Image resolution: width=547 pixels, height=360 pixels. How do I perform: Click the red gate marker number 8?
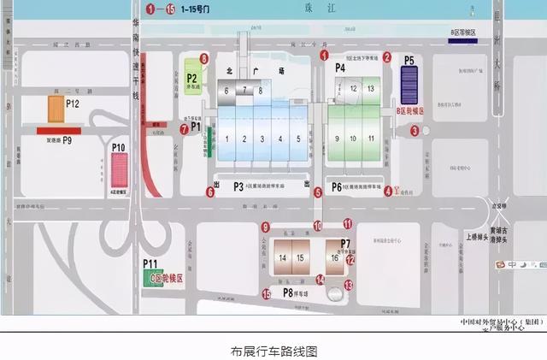tap(203, 58)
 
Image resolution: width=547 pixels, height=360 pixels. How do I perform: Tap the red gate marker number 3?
tap(415, 131)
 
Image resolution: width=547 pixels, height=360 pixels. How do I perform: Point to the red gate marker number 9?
tap(266, 227)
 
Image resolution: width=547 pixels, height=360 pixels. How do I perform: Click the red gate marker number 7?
tap(185, 129)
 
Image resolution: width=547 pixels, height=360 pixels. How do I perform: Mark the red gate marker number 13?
tap(349, 285)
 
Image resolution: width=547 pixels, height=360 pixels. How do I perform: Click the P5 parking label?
tap(409, 60)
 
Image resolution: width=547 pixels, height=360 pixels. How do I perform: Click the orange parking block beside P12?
tap(56, 109)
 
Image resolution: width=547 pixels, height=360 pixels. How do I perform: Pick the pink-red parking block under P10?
tap(118, 172)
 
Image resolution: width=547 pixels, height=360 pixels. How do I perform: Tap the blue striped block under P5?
tap(409, 85)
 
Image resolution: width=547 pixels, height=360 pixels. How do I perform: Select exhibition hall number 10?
tap(354, 138)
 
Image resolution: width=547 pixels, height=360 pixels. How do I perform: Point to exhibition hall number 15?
tap(300, 257)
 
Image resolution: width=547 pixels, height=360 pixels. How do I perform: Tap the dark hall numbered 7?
tap(245, 90)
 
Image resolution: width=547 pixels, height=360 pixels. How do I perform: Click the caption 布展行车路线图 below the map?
tap(273, 351)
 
